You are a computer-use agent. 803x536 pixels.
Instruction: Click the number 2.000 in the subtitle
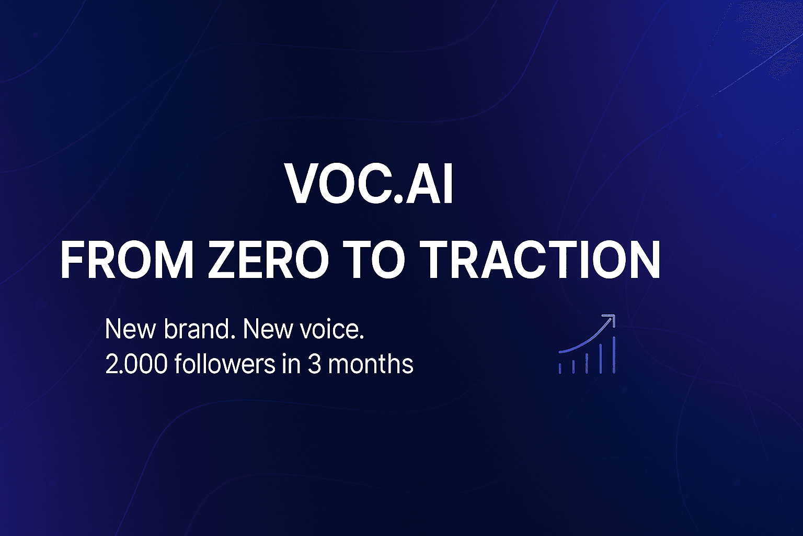pyautogui.click(x=136, y=364)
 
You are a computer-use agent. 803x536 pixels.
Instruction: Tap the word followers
pyautogui.click(x=224, y=364)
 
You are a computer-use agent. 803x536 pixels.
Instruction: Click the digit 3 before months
pyautogui.click(x=314, y=364)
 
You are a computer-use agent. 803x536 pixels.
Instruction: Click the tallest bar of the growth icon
pyautogui.click(x=614, y=355)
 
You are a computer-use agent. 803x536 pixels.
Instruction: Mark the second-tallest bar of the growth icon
pyautogui.click(x=601, y=359)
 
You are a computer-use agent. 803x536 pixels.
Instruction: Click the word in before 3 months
pyautogui.click(x=291, y=364)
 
